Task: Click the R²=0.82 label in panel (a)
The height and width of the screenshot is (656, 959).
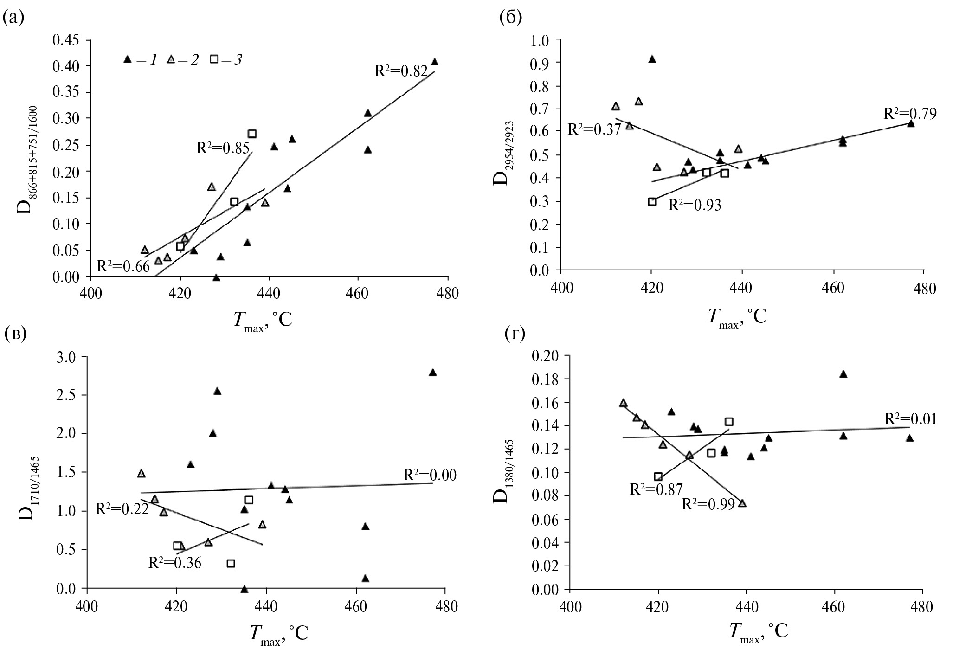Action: pos(401,71)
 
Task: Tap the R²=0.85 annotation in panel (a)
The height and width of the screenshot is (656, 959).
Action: pos(223,148)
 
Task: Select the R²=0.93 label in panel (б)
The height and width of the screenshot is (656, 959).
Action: pos(695,205)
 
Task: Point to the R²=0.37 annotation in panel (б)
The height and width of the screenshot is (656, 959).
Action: pos(594,129)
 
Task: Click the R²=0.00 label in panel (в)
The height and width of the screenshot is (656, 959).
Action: pos(430,475)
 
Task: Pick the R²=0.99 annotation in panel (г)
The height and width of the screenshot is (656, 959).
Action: pos(708,504)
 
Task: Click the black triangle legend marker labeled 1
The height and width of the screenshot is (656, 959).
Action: pos(128,59)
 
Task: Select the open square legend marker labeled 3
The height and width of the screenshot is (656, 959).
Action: pos(214,59)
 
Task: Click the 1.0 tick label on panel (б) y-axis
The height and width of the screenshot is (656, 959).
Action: pos(539,40)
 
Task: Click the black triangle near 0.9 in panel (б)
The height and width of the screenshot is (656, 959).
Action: pos(652,59)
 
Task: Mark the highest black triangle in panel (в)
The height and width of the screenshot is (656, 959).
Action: pos(432,373)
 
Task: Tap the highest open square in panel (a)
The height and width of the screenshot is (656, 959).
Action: pos(252,134)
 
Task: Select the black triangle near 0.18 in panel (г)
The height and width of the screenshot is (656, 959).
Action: pos(843,374)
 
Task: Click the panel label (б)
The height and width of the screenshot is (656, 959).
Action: pos(511,18)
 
